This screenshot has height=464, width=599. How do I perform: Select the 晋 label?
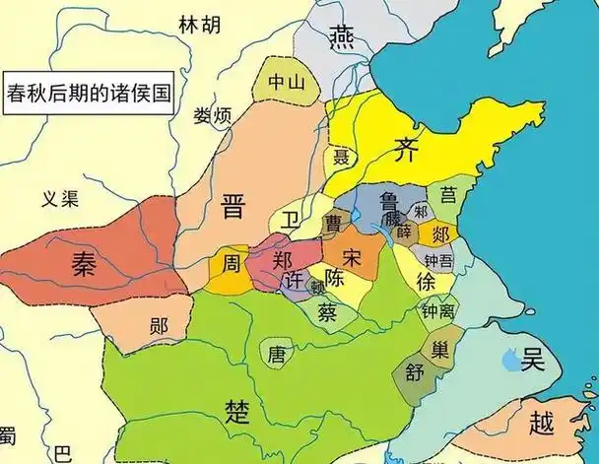233,208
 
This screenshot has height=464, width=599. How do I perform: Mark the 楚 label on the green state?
236,409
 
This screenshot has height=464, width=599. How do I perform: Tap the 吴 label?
533,360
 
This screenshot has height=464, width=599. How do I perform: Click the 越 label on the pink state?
542,423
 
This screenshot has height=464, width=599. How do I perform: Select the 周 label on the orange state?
230,263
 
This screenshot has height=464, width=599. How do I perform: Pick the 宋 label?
351,257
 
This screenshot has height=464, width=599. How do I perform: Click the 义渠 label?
60,196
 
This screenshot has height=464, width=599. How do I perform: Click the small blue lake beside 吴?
507,362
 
